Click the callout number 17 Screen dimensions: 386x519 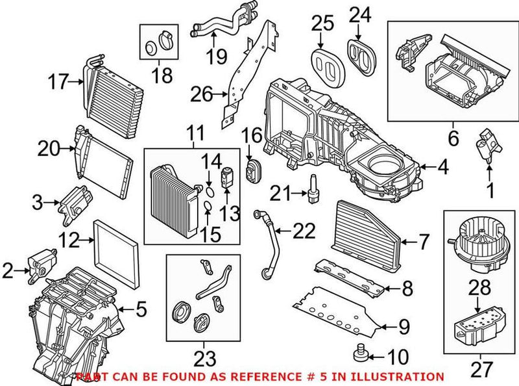58,82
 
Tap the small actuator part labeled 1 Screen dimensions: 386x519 488,144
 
